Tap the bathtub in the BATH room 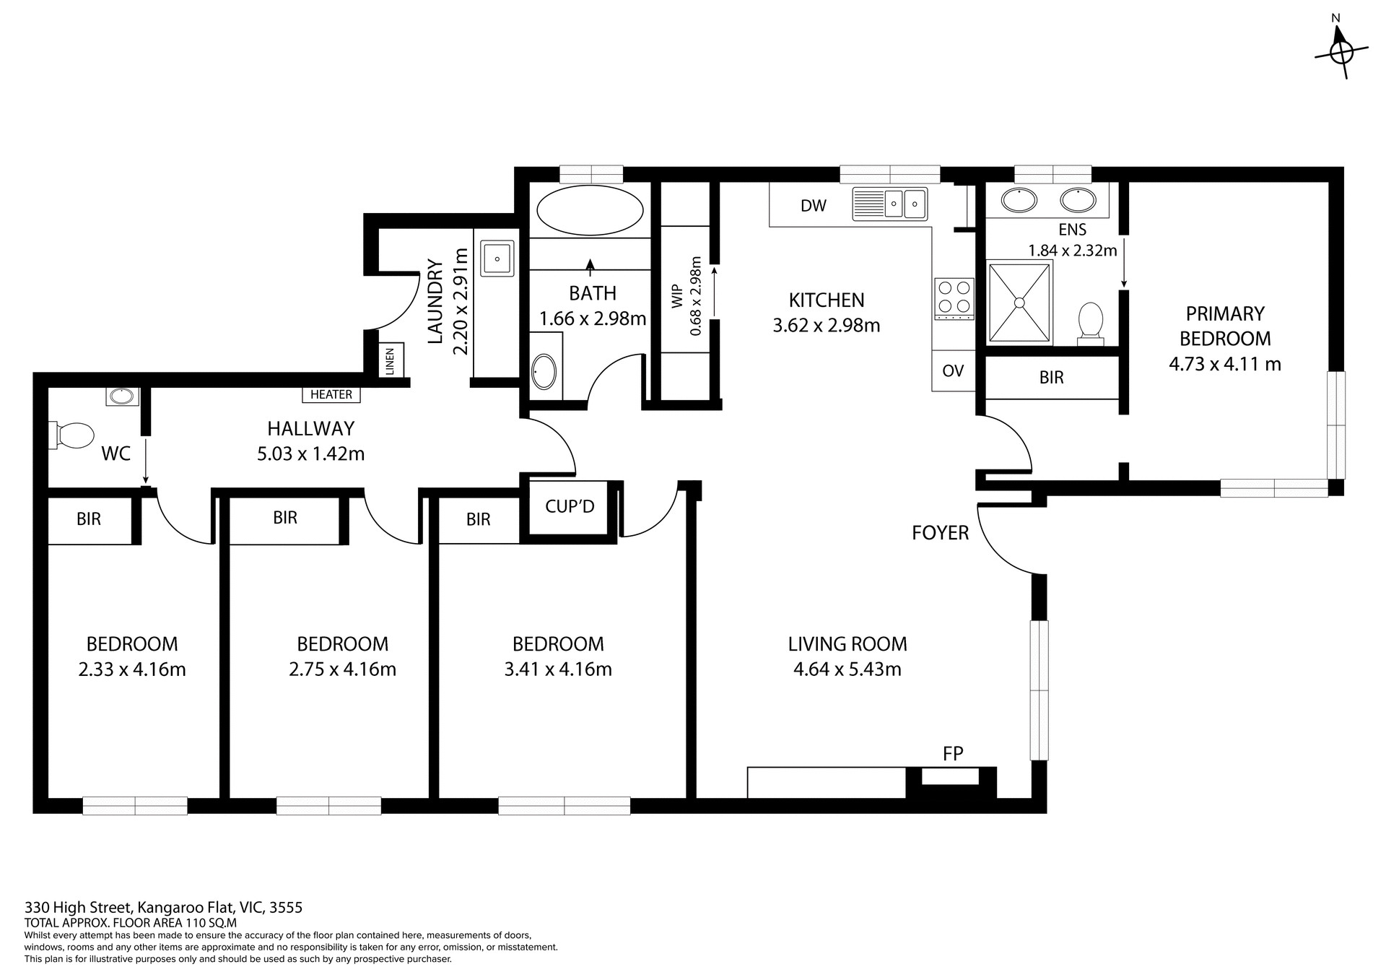click(x=590, y=210)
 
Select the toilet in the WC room click(x=73, y=435)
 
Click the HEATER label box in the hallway click(x=331, y=394)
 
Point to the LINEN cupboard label click(x=391, y=360)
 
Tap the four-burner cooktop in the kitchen click(x=954, y=298)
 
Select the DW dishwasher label click(x=814, y=206)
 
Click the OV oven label click(x=953, y=370)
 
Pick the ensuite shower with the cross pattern click(x=1019, y=302)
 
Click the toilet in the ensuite click(x=1090, y=323)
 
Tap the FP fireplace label click(x=953, y=754)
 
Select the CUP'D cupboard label click(x=570, y=506)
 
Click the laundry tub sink click(x=497, y=258)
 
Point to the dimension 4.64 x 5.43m click(x=847, y=669)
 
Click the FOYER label click(x=940, y=533)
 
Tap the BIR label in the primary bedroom click(x=1051, y=377)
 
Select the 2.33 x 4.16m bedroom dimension click(x=132, y=669)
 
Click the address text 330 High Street click(x=163, y=907)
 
